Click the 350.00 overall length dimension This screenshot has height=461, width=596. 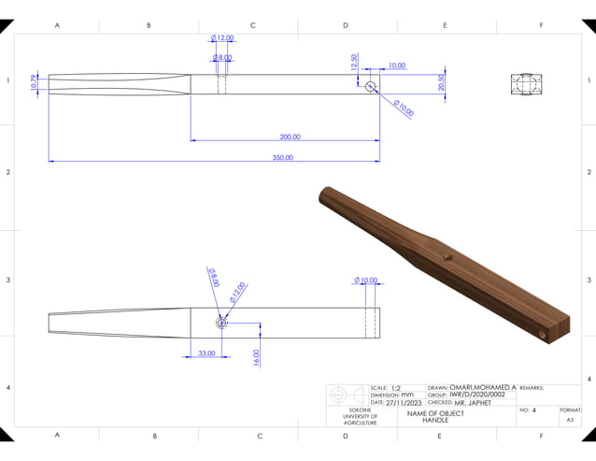[x=282, y=158]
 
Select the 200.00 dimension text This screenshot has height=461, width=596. [x=290, y=137]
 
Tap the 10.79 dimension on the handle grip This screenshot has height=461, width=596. [x=35, y=83]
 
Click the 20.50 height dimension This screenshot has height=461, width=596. [x=441, y=83]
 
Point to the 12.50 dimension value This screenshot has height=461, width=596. [x=354, y=62]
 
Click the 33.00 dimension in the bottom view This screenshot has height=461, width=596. [x=206, y=353]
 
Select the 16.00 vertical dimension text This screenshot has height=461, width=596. [x=256, y=356]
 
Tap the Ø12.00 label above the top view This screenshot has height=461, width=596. [x=222, y=38]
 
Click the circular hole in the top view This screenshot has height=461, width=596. [x=371, y=86]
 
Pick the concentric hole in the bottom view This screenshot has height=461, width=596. [x=221, y=324]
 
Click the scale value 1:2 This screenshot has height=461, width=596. [x=395, y=387]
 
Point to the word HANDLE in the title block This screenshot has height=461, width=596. [x=435, y=421]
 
